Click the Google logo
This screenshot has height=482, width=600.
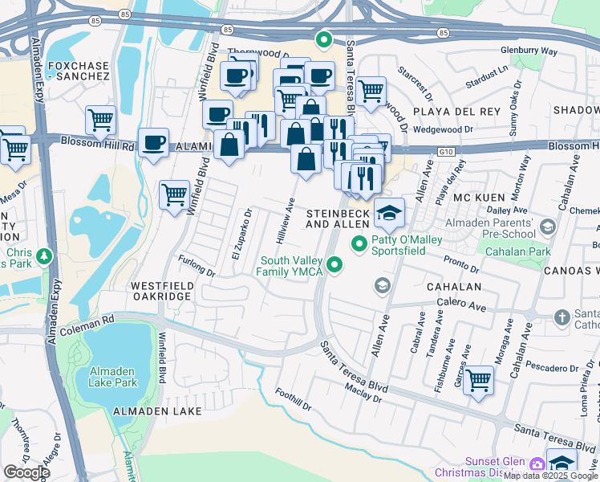click(x=26, y=472)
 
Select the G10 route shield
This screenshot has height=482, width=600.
click(x=446, y=150)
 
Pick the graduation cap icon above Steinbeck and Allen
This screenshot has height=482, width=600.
click(x=390, y=212)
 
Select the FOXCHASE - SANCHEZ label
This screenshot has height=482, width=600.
click(x=78, y=70)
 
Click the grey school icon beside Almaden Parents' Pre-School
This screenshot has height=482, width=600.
click(x=548, y=227)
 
